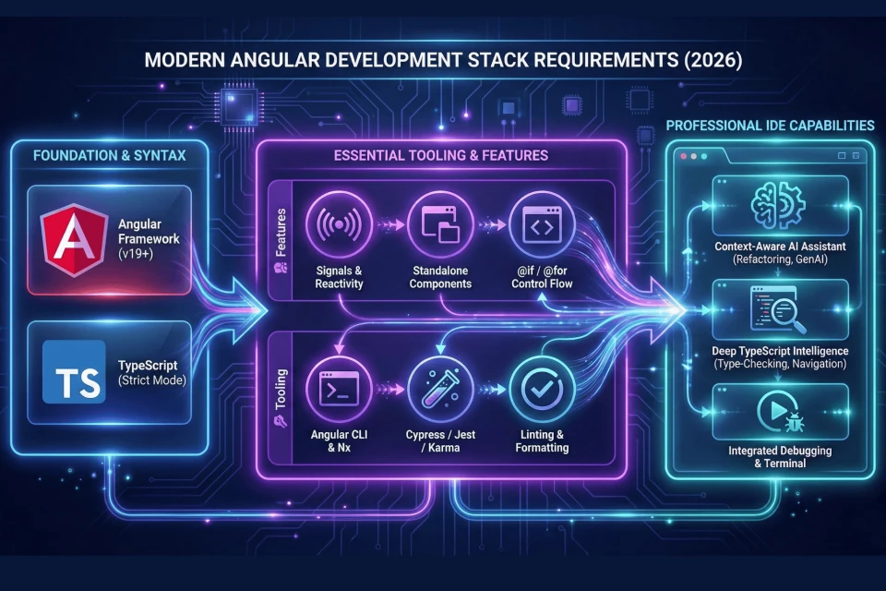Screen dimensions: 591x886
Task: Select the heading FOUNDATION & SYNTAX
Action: coord(109,155)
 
